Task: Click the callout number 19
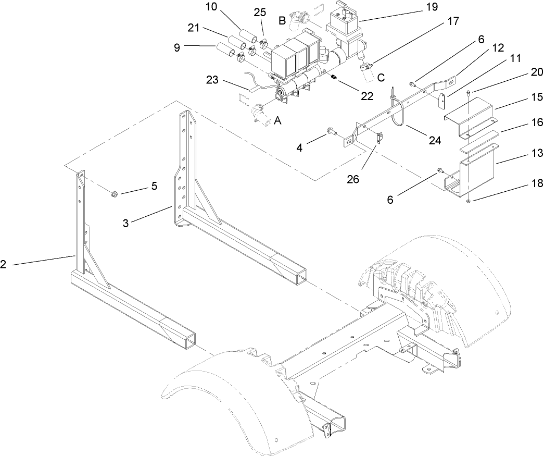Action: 432,7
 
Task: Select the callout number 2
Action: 4,265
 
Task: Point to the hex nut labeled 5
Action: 113,195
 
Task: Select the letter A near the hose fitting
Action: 278,121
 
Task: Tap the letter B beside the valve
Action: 282,21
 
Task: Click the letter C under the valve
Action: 381,78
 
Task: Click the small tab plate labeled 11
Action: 442,101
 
